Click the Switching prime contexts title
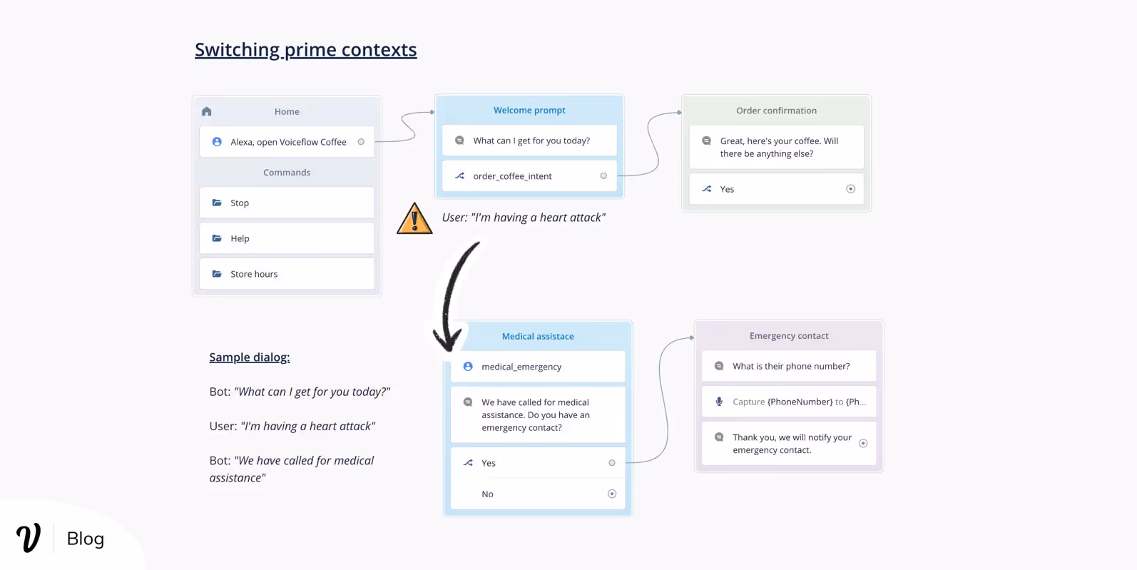305,50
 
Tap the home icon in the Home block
207,111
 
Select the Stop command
287,203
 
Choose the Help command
287,238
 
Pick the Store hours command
287,273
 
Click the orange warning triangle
414,219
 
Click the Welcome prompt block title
529,110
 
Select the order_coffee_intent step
529,175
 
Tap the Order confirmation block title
777,110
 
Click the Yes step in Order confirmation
777,189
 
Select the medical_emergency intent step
538,367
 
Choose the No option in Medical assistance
538,494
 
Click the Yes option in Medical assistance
538,463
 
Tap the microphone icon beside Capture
719,402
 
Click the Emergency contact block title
789,335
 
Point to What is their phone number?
791,366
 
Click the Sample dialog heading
250,357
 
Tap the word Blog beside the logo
86,539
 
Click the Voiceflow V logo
29,537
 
